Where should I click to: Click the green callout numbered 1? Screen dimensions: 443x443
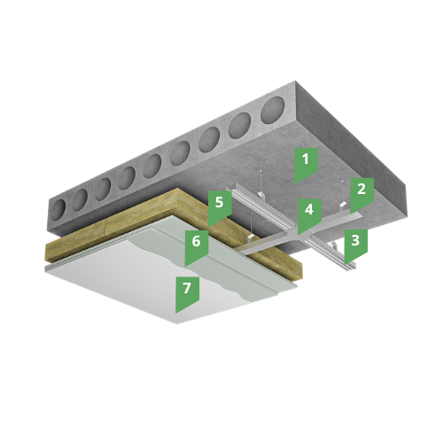[x=306, y=164]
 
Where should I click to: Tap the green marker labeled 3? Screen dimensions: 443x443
[x=355, y=245]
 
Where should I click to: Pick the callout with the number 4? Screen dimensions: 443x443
[x=309, y=214]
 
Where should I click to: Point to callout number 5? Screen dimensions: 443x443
[x=220, y=206]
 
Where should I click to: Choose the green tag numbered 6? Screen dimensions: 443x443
[x=197, y=245]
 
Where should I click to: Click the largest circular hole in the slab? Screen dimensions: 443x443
[x=273, y=108]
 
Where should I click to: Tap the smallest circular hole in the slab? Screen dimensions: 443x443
[x=58, y=208]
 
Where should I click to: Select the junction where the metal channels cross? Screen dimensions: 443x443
[x=299, y=233]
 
